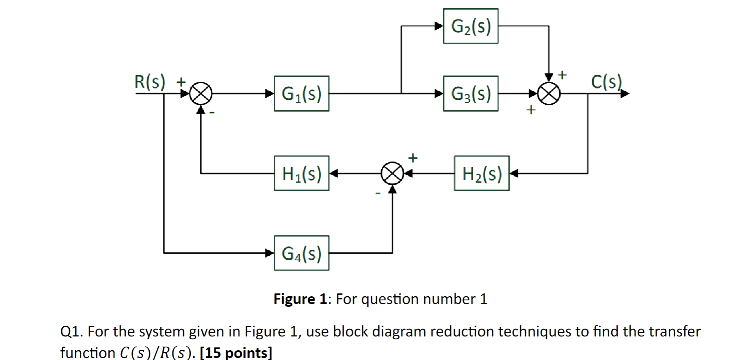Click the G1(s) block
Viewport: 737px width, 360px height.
click(301, 93)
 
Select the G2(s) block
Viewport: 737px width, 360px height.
click(471, 26)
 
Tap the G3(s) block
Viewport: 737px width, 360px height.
click(471, 93)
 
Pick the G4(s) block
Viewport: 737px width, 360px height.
click(301, 253)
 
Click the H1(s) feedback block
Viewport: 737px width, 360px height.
click(301, 173)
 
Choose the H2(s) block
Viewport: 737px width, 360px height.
click(481, 173)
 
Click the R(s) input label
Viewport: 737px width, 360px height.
click(150, 82)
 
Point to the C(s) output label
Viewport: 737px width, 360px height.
click(606, 82)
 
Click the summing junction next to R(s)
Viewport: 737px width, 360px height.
click(201, 94)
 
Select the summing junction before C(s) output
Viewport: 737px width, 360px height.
click(549, 94)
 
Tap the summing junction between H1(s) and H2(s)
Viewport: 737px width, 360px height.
click(392, 173)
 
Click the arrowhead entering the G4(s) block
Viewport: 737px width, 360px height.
click(270, 253)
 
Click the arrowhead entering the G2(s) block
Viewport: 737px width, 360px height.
click(439, 26)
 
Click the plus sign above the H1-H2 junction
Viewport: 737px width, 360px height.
click(413, 158)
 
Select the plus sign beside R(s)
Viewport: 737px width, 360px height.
click(181, 82)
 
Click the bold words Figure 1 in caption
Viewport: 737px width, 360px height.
click(300, 299)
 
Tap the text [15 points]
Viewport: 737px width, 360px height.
click(236, 352)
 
